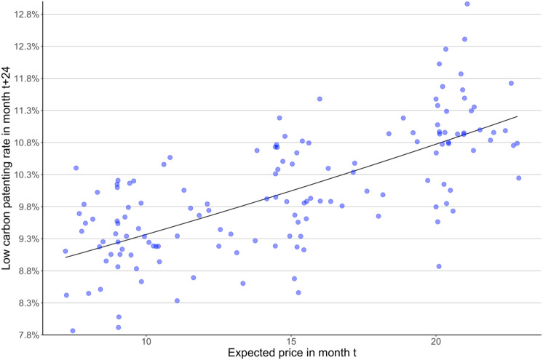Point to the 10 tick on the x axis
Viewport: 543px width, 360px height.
point(146,342)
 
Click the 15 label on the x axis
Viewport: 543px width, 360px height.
point(291,342)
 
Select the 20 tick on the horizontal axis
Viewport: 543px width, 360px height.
point(436,342)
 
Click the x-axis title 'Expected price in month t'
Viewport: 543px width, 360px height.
point(291,353)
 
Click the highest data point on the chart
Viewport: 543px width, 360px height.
point(467,4)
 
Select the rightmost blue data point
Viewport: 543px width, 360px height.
point(519,177)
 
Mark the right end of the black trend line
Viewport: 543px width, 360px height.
point(518,116)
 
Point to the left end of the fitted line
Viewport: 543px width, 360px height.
point(66,257)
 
